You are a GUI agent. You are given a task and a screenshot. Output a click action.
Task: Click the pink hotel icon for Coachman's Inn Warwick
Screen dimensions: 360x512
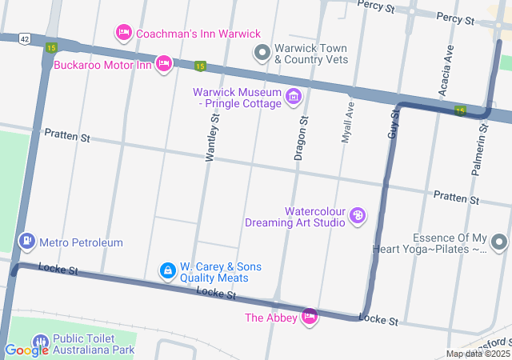point(123,33)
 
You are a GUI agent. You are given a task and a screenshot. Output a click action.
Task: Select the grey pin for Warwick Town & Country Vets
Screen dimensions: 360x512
point(262,54)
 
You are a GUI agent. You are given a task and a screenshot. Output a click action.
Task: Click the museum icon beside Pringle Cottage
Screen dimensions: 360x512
point(294,98)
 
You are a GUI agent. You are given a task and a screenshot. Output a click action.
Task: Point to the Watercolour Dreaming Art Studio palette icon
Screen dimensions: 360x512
point(358,216)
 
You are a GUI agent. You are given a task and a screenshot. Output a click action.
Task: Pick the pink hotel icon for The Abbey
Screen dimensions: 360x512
point(310,318)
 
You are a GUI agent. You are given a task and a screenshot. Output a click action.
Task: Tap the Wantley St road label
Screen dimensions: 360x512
point(212,138)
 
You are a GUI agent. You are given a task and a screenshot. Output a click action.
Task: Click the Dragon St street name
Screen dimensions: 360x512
point(301,138)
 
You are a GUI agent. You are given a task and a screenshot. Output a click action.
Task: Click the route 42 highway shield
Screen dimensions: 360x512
point(26,38)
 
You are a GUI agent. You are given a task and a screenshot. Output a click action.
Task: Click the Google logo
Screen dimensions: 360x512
point(26,350)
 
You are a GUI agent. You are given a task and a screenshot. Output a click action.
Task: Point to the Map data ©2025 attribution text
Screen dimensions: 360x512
point(478,354)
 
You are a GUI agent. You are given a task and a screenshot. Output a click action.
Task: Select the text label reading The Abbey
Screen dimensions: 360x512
point(270,318)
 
